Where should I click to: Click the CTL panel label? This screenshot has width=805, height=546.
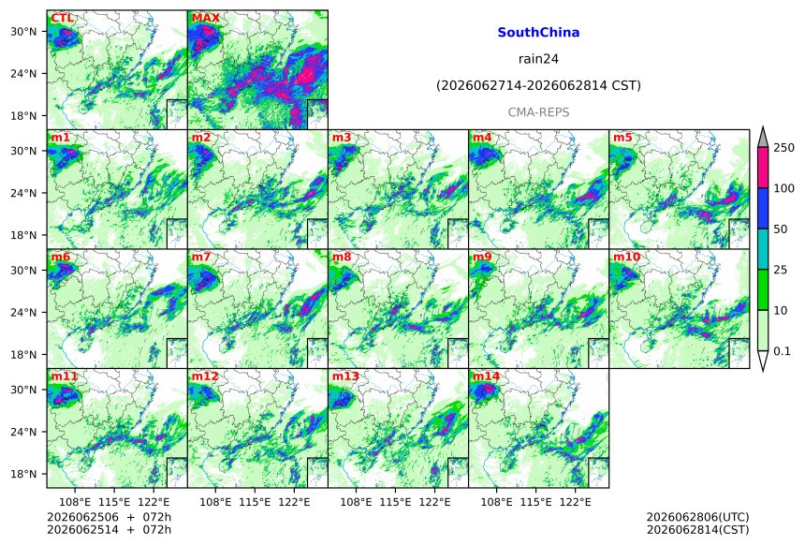62,19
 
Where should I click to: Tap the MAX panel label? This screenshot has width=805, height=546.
205,19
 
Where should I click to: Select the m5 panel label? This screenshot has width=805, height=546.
622,138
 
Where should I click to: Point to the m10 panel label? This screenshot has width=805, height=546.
626,257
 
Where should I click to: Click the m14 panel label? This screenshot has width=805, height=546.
486,376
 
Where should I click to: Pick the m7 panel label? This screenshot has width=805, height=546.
200,257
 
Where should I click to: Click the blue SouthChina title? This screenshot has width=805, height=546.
538,33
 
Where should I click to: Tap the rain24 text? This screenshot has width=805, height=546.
538,59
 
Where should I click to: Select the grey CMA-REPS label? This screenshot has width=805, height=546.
538,112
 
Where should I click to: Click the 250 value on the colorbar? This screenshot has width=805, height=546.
784,148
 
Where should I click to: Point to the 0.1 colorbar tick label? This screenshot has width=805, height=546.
782,351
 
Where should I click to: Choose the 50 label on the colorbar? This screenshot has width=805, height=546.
781,229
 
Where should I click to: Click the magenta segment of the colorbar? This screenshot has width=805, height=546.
763,168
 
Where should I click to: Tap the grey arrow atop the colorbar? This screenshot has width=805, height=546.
763,139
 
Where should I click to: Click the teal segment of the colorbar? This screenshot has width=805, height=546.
763,249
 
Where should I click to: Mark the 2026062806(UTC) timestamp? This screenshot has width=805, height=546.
697,517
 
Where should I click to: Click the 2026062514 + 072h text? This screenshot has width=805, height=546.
109,530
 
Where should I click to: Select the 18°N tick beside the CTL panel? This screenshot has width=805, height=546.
23,116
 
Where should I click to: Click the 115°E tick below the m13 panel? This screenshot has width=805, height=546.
395,502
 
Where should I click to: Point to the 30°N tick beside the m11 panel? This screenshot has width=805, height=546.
23,390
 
